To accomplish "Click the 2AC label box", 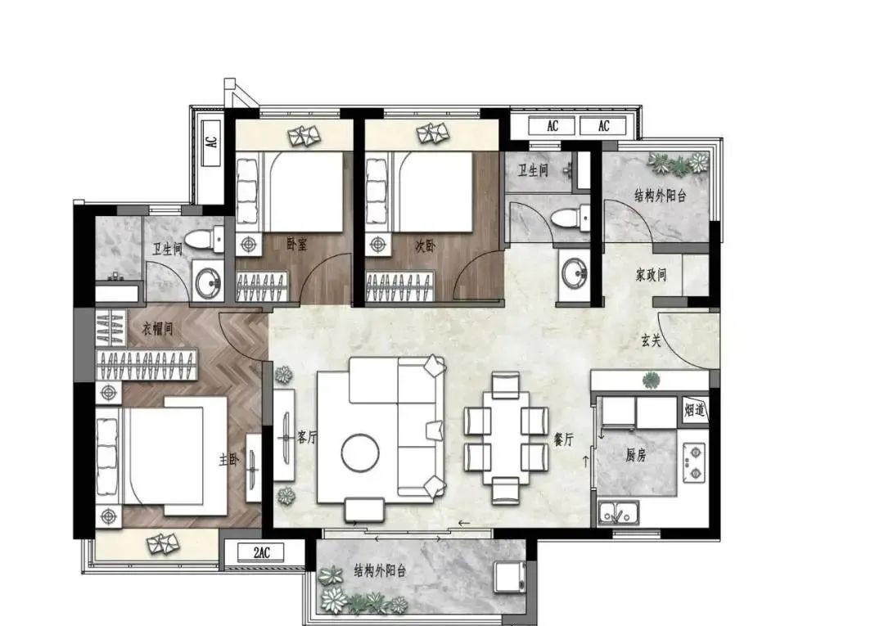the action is [x=262, y=552].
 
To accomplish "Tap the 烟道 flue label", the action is [x=695, y=410].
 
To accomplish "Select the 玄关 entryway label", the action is [x=652, y=340].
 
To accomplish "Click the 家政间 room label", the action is [x=652, y=275].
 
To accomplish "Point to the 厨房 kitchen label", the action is [x=635, y=455].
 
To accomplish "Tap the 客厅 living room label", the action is [x=307, y=437].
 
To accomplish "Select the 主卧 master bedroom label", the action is [x=229, y=461].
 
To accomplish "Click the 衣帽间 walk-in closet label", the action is [x=156, y=328].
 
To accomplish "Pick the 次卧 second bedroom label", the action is [x=425, y=245].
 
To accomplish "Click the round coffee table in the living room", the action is [x=360, y=453].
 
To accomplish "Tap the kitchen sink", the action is [x=619, y=511].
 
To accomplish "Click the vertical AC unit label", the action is [x=211, y=142].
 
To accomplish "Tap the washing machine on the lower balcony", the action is [x=511, y=576].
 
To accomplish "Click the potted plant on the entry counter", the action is [x=652, y=380].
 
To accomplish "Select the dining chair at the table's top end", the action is [x=505, y=384].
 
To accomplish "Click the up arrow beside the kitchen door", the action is [x=586, y=462].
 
